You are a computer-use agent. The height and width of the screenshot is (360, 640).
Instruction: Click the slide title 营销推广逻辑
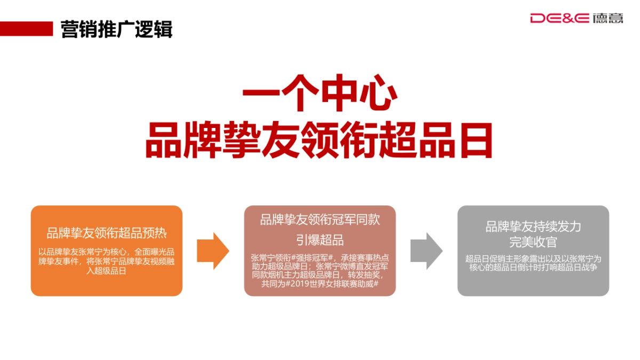click(x=116, y=29)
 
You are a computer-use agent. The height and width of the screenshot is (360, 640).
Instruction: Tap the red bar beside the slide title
click(x=26, y=29)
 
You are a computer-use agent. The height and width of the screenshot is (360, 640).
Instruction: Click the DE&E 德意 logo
click(x=576, y=18)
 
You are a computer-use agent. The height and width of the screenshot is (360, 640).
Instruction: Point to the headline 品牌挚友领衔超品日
click(x=319, y=140)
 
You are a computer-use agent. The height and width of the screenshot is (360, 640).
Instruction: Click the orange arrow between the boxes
click(x=213, y=251)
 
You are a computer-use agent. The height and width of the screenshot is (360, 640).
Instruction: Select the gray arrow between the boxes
click(x=426, y=251)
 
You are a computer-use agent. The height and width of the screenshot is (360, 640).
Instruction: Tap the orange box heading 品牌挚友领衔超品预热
click(x=107, y=233)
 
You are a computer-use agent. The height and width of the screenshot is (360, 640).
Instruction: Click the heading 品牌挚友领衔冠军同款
click(x=320, y=220)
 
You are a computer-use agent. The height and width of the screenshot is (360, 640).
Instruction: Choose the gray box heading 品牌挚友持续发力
click(x=533, y=227)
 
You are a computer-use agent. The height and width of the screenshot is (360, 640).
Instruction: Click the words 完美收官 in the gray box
click(x=533, y=243)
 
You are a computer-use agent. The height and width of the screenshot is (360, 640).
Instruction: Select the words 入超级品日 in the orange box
click(x=107, y=271)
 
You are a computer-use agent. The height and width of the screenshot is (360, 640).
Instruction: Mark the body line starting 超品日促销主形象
click(x=533, y=259)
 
